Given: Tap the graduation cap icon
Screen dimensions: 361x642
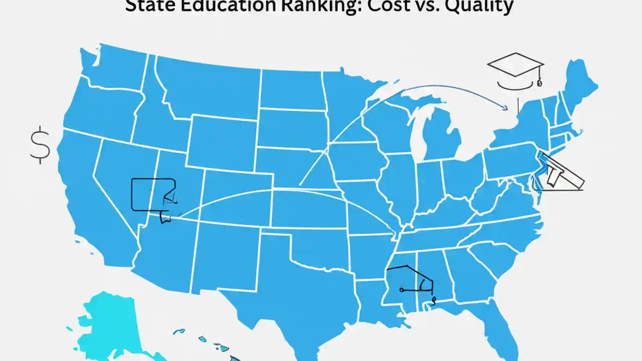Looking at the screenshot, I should coord(515,67).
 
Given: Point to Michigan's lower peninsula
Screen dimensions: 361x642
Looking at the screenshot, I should coord(441,135).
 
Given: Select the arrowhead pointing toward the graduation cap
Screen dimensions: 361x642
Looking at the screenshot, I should coord(504,106).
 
